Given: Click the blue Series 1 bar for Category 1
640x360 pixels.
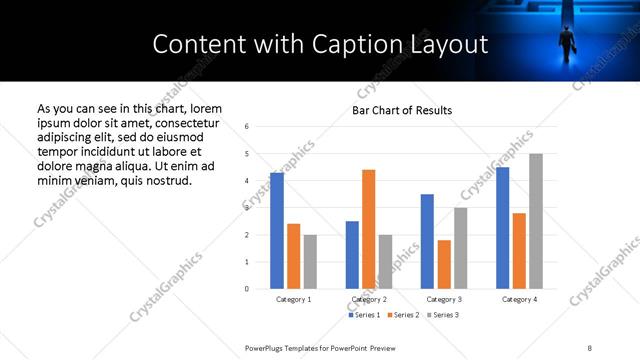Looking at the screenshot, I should [277, 231].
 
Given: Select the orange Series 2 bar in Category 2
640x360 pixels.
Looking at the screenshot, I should [368, 229].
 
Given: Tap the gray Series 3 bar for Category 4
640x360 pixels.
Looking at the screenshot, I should [536, 221].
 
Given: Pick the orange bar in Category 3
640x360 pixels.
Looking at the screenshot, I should [444, 264].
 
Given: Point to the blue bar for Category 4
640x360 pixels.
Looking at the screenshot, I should [502, 228].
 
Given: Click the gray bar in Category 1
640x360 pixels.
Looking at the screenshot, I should [310, 262].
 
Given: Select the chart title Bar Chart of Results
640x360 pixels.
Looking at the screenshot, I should [403, 110].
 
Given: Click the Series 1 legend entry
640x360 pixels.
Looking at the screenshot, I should [365, 315].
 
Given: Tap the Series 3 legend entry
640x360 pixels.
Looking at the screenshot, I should [443, 315].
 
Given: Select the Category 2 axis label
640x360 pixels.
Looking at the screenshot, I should [368, 299].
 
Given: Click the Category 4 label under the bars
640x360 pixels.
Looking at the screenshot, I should [519, 299].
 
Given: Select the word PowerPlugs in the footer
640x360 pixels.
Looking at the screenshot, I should [266, 347].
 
